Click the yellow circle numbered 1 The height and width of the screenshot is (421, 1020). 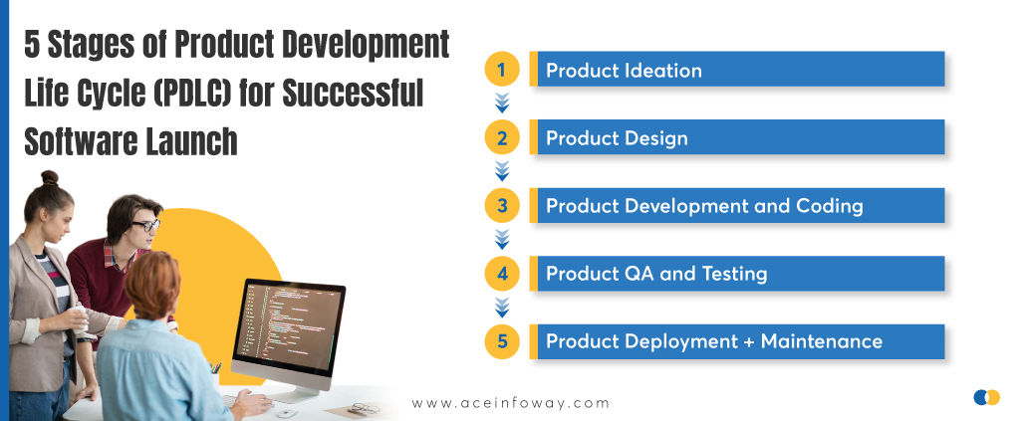pos(502,70)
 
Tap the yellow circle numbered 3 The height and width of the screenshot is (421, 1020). pos(502,206)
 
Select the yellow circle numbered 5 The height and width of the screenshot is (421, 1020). pos(502,341)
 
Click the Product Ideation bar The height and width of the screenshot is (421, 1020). pos(737,70)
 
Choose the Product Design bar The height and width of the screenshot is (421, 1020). pos(737,138)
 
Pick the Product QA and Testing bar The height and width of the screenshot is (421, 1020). pos(737,274)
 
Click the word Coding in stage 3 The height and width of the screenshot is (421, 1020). pos(830,206)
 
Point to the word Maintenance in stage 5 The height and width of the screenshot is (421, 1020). pos(822,341)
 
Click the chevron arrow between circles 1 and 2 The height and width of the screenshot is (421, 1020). pos(502,103)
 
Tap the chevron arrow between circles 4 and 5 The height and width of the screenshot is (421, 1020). pos(502,308)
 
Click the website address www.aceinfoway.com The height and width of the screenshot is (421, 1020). pos(510,403)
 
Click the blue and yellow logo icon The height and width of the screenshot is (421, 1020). pos(986,398)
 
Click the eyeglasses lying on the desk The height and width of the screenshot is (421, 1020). pos(363,408)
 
